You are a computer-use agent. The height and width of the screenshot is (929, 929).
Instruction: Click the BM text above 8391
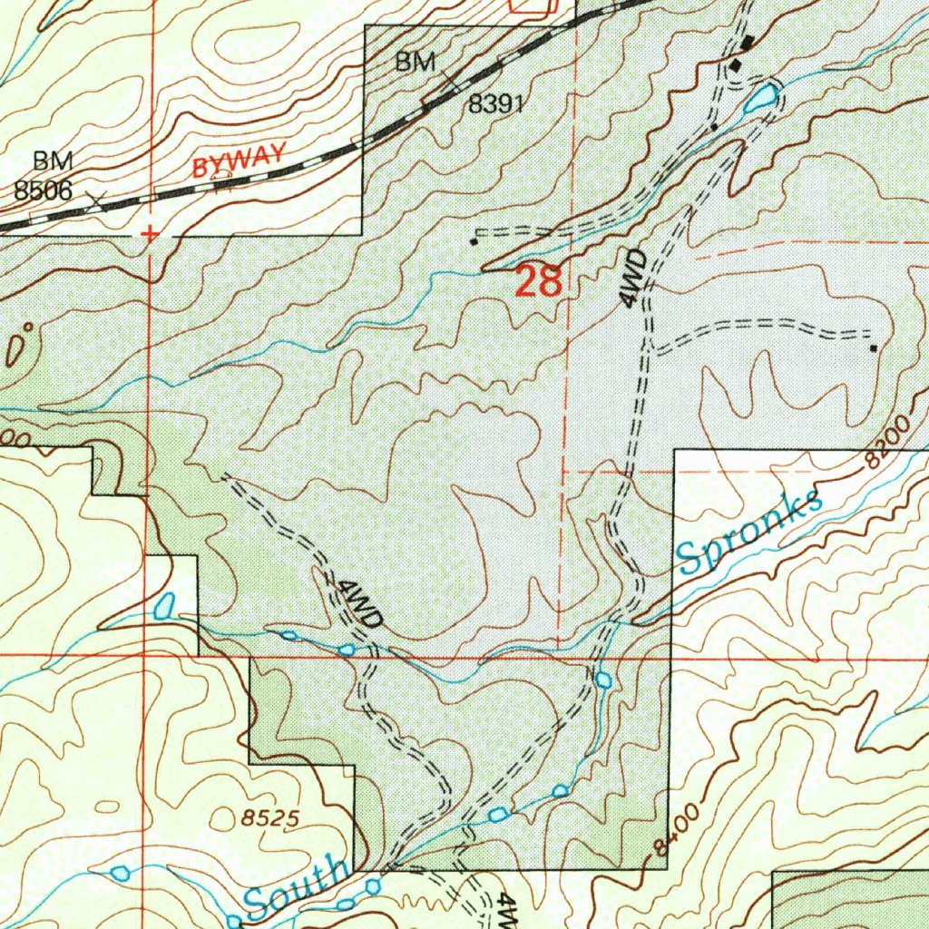(416, 63)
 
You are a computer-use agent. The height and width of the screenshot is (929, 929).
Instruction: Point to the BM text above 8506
(53, 161)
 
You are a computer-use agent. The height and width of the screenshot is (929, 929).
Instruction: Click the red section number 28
(539, 281)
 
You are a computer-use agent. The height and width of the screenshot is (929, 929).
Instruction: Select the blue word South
(297, 887)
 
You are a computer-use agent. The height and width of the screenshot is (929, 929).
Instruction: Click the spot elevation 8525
(270, 817)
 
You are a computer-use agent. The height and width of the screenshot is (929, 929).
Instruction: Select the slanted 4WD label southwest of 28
(357, 602)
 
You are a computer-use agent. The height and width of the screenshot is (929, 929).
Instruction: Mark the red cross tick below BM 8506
(150, 234)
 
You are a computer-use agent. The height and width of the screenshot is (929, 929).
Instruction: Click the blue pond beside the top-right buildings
(760, 96)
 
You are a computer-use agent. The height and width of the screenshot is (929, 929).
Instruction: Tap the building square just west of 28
(474, 241)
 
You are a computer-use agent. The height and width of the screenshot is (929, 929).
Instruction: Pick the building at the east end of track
(873, 347)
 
